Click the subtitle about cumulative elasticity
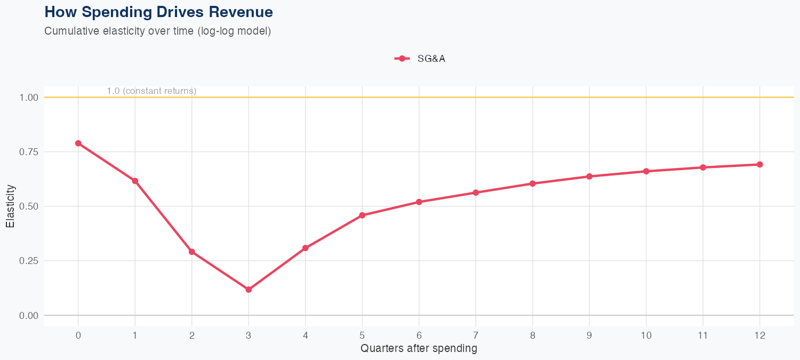point(157,31)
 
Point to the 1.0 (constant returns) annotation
point(151,91)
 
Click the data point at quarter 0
point(78,143)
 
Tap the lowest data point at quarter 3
point(249,290)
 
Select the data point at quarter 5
point(362,215)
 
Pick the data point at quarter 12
point(759,164)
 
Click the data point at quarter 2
point(192,252)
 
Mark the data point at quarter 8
point(532,183)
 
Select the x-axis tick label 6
point(419,335)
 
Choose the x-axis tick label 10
point(646,335)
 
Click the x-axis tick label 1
point(135,335)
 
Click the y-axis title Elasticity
point(10,206)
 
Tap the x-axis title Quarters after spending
point(419,349)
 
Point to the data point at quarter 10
point(646,171)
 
